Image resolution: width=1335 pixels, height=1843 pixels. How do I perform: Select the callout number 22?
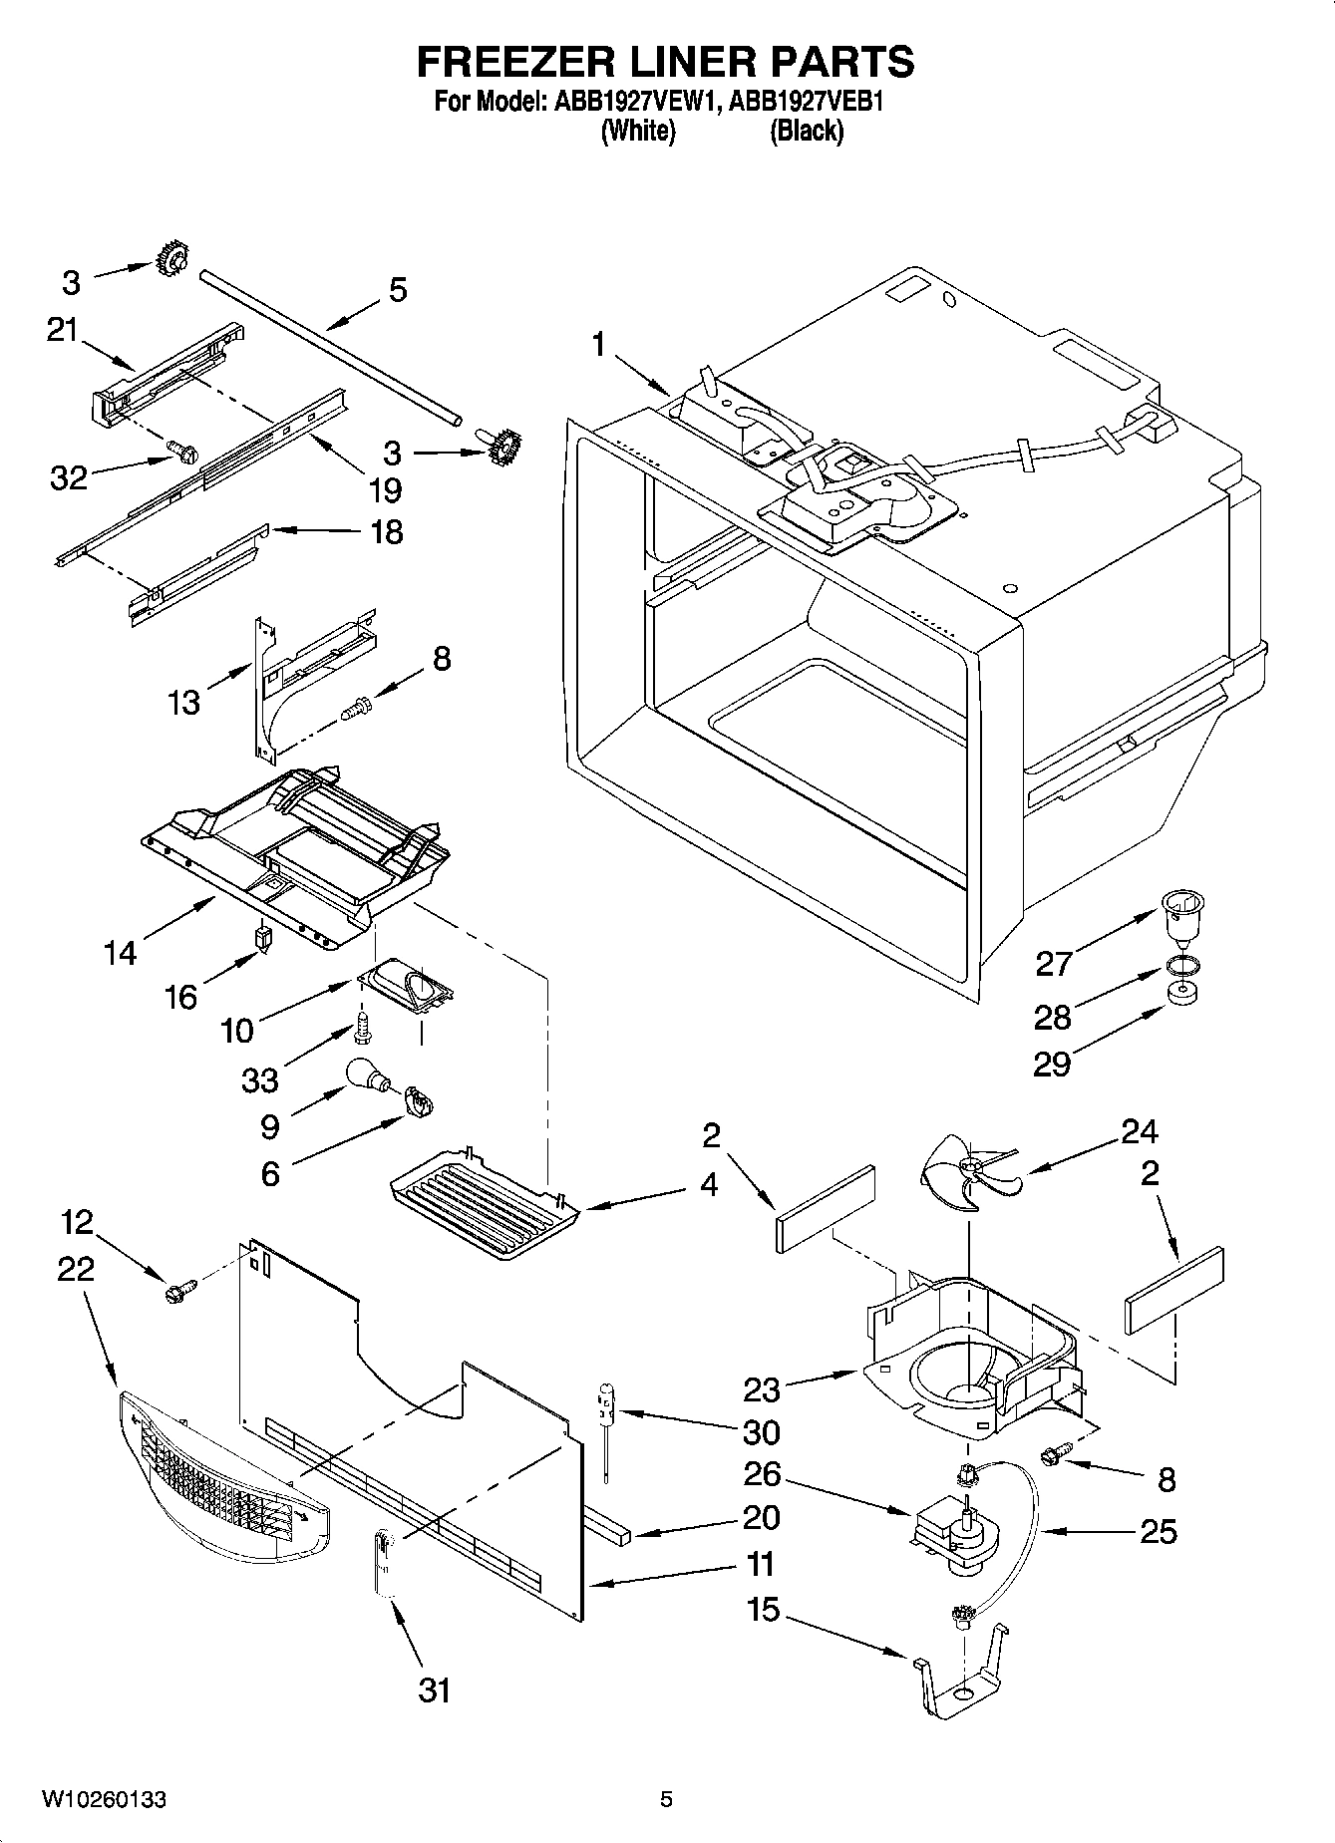coord(76,1269)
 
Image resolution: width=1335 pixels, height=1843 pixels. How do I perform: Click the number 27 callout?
coord(1053,964)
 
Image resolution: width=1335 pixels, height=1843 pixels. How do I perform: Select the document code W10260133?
coord(104,1799)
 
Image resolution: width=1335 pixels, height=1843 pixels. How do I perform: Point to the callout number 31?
coord(434,1689)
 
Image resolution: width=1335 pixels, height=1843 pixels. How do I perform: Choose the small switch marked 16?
coord(264,938)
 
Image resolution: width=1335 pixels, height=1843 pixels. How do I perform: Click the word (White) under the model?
coord(638,131)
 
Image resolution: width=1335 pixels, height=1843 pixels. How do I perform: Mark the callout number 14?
coord(120,953)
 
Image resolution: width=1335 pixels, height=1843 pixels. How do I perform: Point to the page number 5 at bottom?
coord(666,1799)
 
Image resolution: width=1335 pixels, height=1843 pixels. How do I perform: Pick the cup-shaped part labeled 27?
coord(1181,915)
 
